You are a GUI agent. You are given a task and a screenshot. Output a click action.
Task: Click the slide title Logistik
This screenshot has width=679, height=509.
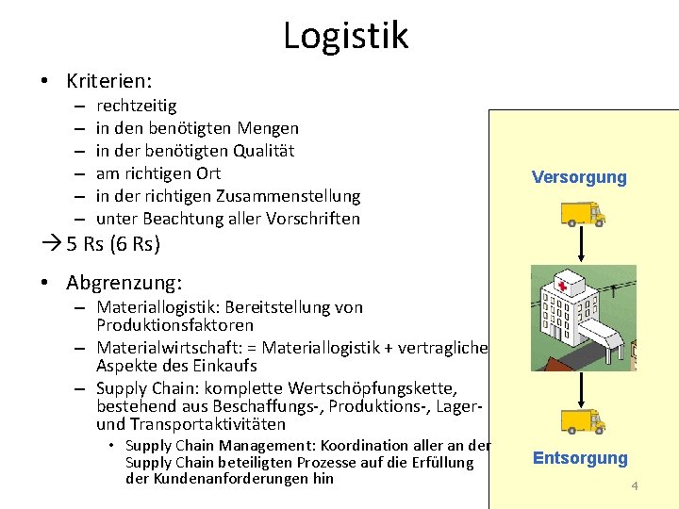pyautogui.click(x=345, y=36)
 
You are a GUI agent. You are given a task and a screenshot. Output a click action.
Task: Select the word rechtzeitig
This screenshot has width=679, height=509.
pyautogui.click(x=136, y=107)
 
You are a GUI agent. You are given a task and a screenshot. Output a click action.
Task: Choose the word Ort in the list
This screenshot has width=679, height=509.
pyautogui.click(x=208, y=173)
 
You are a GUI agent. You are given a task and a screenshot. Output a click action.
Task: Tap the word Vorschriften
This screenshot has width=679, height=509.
pyautogui.click(x=313, y=219)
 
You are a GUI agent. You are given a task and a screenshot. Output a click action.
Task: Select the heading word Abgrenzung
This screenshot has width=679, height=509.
pyautogui.click(x=124, y=283)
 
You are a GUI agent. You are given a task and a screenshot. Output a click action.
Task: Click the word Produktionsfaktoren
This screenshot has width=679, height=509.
pyautogui.click(x=174, y=325)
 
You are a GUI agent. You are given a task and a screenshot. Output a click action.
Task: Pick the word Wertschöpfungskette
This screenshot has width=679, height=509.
pyautogui.click(x=376, y=388)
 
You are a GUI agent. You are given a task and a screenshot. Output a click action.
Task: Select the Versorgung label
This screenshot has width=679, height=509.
pyautogui.click(x=579, y=177)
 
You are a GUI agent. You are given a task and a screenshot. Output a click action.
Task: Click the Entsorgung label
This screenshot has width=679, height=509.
pyautogui.click(x=580, y=458)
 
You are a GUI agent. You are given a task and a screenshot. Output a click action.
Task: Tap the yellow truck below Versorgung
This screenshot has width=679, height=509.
pyautogui.click(x=582, y=214)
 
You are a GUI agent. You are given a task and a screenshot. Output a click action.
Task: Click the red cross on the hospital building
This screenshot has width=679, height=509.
pyautogui.click(x=562, y=287)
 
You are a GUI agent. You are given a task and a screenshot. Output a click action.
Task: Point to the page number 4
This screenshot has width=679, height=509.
pyautogui.click(x=635, y=486)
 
